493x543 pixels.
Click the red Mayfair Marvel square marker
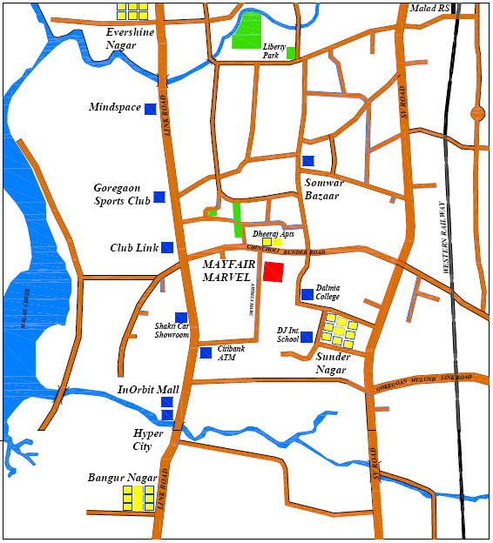274,271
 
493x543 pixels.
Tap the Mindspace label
114,107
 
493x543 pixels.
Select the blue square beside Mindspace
151,109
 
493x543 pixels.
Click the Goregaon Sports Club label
122,194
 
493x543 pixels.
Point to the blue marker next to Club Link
167,247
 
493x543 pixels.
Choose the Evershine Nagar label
130,37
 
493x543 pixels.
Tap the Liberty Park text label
275,50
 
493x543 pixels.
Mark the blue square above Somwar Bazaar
307,161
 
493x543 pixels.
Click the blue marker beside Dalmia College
307,294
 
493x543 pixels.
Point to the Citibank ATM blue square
206,352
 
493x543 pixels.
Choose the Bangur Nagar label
122,478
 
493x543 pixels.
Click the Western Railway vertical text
445,238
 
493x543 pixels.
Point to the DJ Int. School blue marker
307,337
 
